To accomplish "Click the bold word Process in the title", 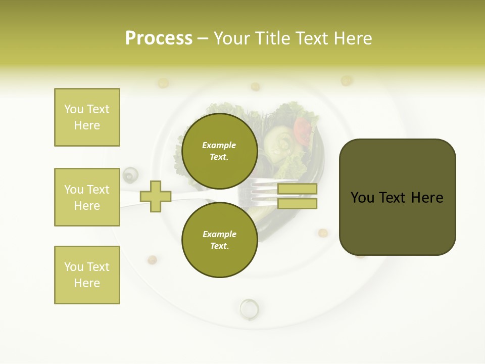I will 159,38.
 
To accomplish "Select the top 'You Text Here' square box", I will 87,117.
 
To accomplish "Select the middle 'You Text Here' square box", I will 87,197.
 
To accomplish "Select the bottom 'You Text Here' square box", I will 87,275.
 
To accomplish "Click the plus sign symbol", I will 156,196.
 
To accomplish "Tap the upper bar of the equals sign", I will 297,189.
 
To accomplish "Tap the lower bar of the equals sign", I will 297,203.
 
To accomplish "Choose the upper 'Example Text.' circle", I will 219,151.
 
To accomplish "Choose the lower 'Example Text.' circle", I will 219,240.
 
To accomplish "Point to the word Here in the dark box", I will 427,198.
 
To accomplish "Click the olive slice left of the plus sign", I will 130,175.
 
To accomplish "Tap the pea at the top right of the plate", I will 346,80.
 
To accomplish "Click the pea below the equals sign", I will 323,233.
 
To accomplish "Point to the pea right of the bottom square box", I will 152,260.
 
